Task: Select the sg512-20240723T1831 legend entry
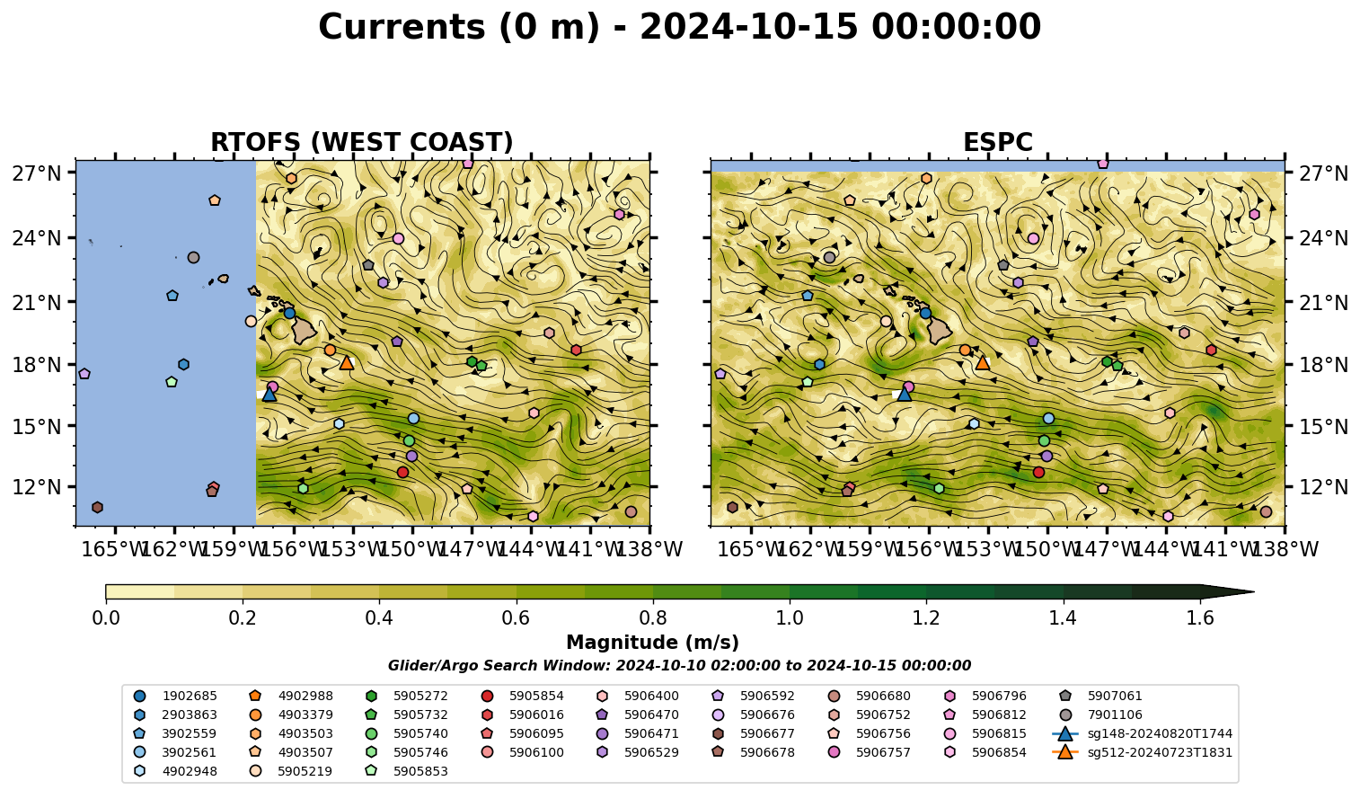pos(1142,752)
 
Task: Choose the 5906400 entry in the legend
pos(641,696)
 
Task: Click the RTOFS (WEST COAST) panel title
pos(362,142)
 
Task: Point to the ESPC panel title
pos(997,142)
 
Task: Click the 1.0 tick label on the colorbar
pos(790,618)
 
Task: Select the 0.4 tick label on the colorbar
pos(379,618)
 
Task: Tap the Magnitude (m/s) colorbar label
pos(653,643)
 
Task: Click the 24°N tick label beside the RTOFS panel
pos(37,238)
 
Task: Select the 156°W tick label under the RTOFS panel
pos(294,549)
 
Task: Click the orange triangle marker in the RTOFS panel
pos(347,363)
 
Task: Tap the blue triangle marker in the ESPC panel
pos(904,395)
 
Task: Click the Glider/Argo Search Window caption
pos(679,665)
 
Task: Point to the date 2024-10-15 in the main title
pos(749,27)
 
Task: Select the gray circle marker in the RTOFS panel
pos(194,258)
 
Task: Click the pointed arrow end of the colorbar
pos(1253,591)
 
